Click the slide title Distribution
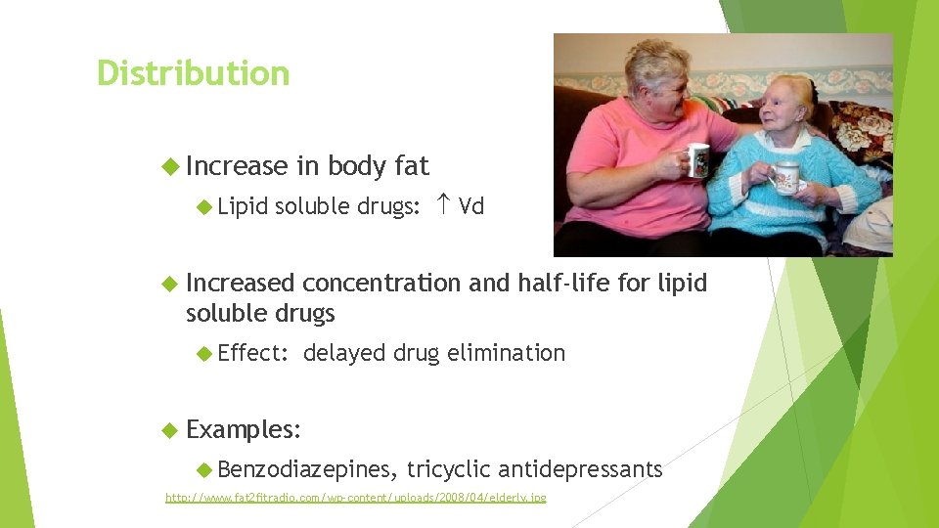pyautogui.click(x=193, y=73)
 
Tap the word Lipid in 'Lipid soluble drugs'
pyautogui.click(x=244, y=207)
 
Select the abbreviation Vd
pyautogui.click(x=471, y=207)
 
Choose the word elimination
pyautogui.click(x=506, y=353)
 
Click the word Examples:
pyautogui.click(x=244, y=429)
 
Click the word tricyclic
pyautogui.click(x=449, y=470)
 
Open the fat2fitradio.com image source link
pyautogui.click(x=356, y=499)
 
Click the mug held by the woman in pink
pyautogui.click(x=697, y=160)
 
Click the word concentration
pyautogui.click(x=381, y=284)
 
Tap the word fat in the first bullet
pyautogui.click(x=411, y=167)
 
